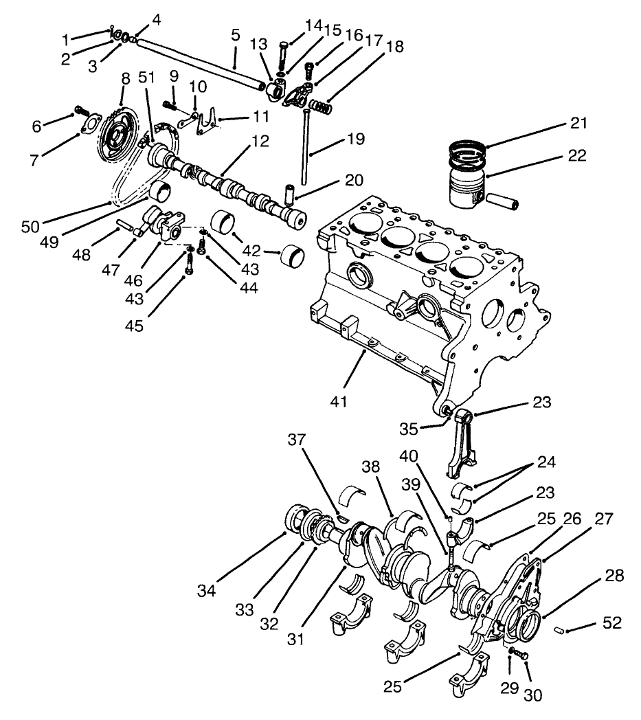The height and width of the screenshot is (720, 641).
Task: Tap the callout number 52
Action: click(x=612, y=623)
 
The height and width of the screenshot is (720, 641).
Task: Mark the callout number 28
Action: click(x=614, y=576)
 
